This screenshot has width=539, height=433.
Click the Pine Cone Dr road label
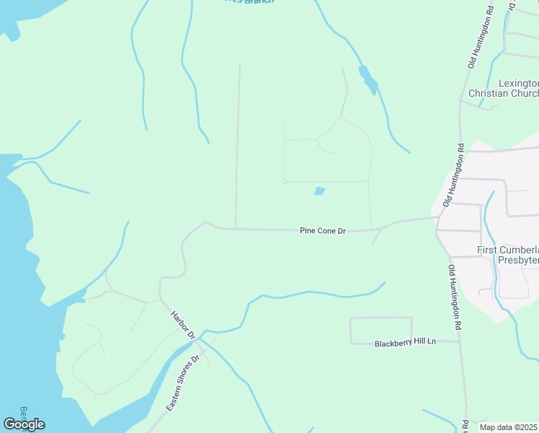(323, 231)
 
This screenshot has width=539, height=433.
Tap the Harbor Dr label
(183, 325)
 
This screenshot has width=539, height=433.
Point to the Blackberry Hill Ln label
(406, 344)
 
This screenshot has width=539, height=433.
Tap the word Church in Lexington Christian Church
(523, 94)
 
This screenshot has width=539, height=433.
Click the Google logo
(24, 424)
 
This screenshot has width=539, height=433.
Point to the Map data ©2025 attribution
(509, 427)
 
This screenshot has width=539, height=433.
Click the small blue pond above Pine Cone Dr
(319, 191)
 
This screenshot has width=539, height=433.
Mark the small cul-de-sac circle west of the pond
(285, 181)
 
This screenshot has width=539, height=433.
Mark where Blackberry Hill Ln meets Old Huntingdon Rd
(459, 341)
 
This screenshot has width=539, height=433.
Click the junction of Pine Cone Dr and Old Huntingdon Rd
(437, 216)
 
